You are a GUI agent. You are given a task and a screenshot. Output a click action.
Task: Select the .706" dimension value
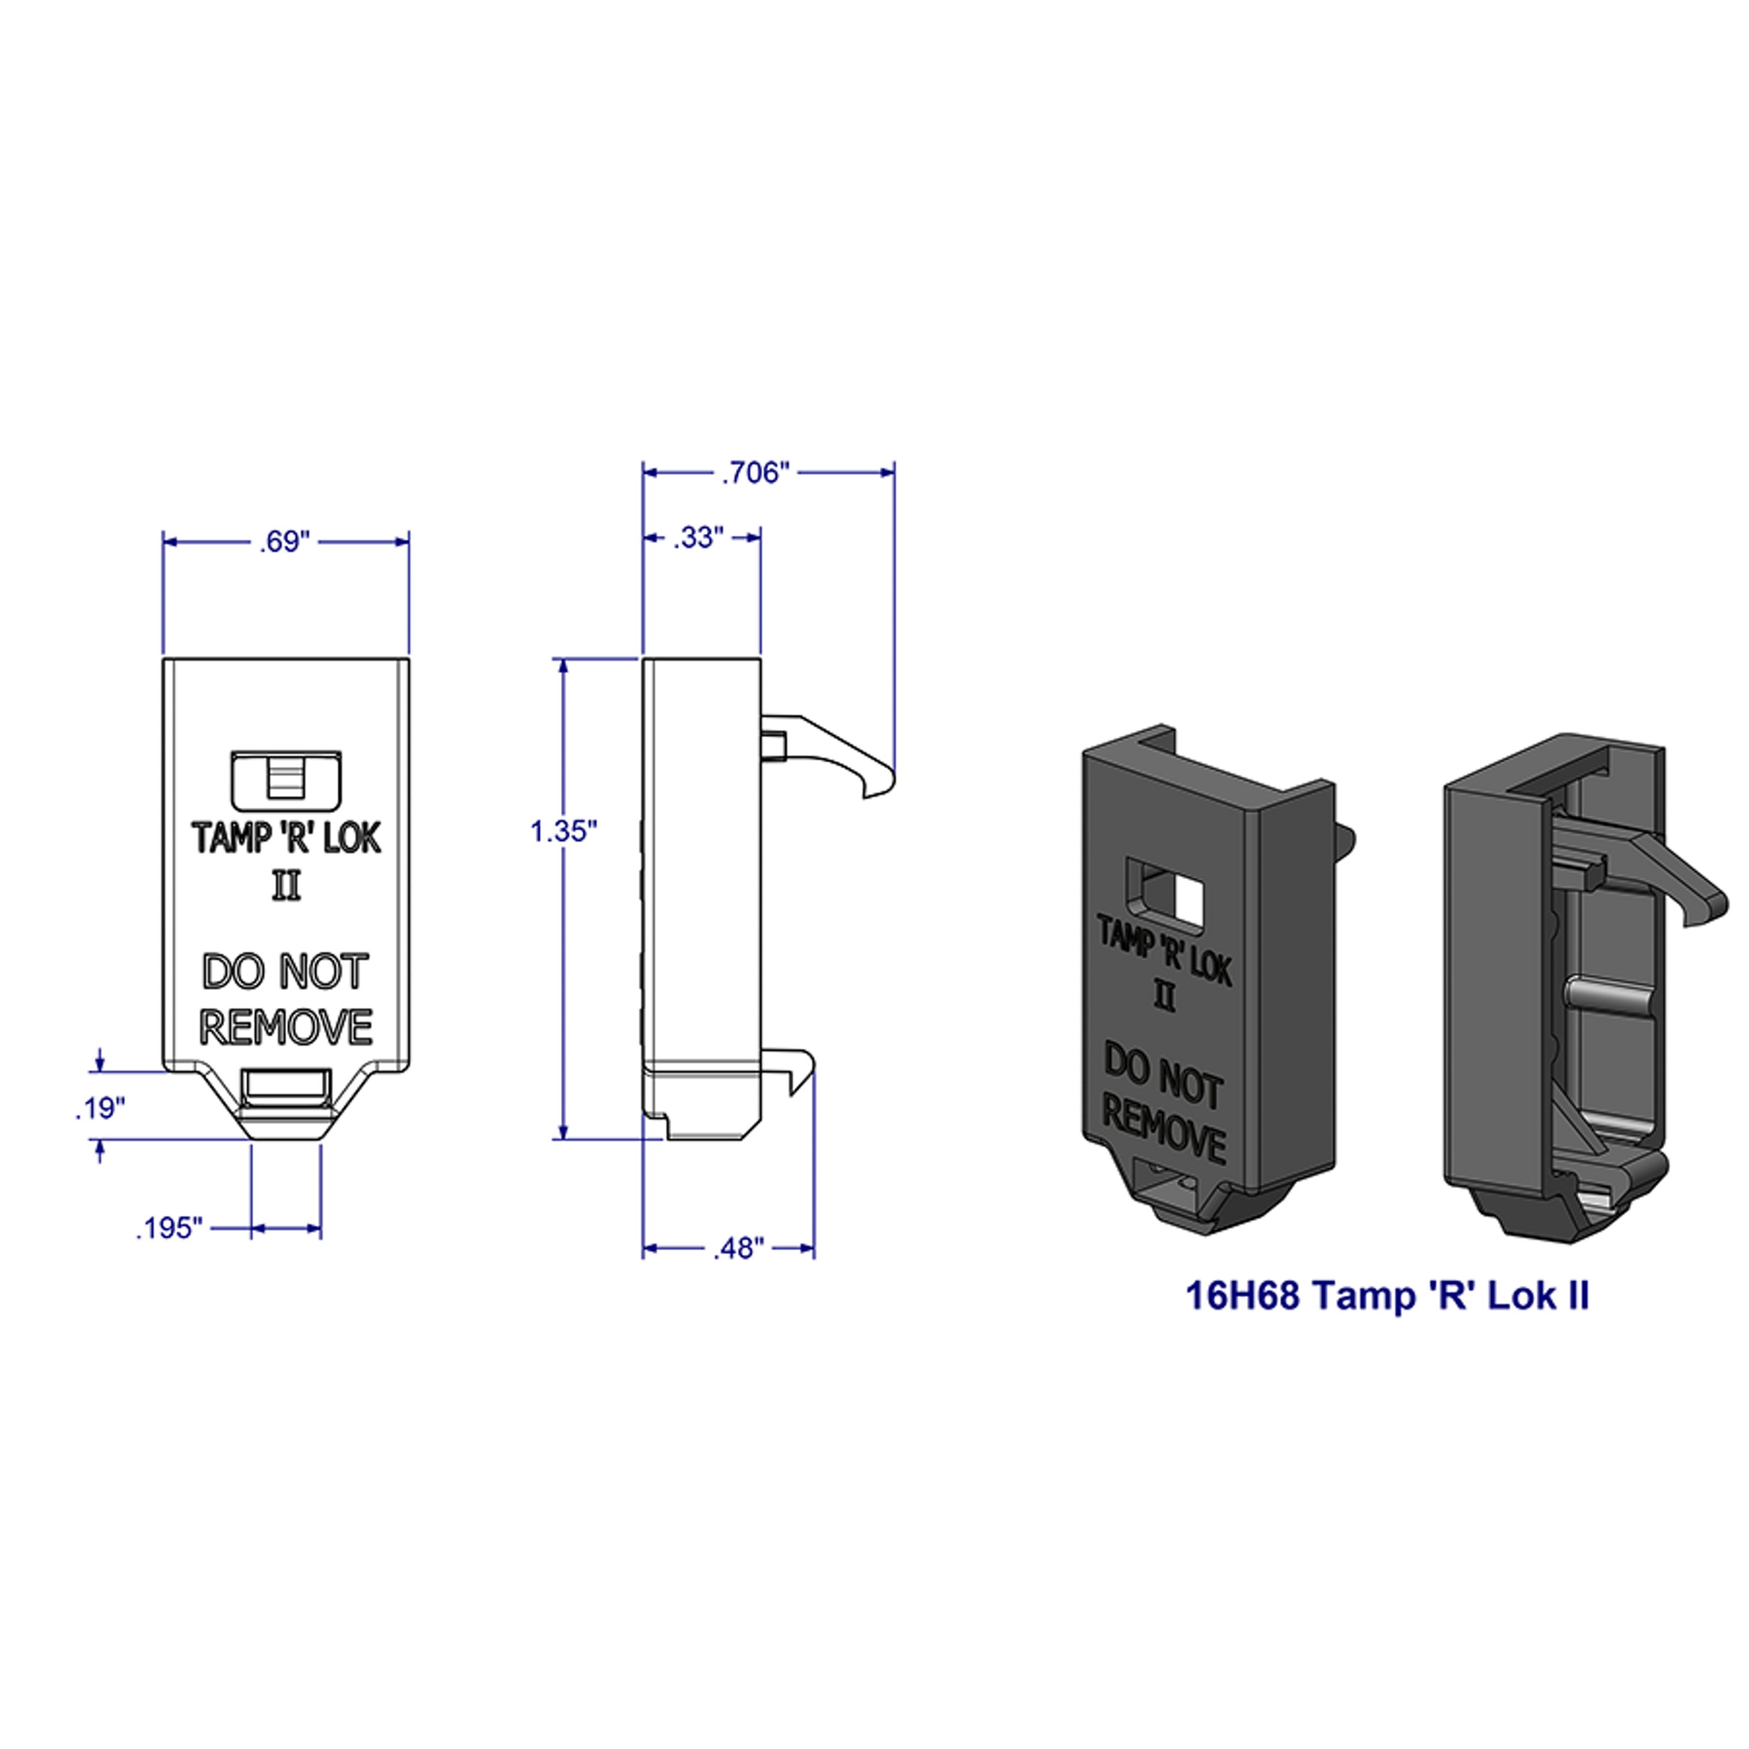755,472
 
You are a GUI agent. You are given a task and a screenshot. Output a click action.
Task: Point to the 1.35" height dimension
563,831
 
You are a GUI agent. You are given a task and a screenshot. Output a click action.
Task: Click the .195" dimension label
169,1228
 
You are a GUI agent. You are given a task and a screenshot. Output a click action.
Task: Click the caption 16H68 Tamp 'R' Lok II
1387,1296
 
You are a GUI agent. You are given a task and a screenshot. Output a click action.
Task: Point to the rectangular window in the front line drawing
286,780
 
